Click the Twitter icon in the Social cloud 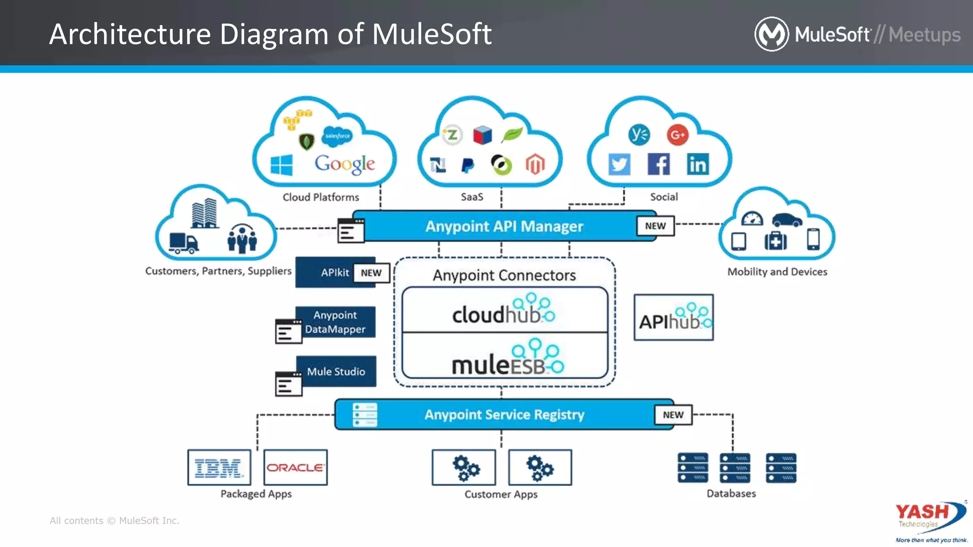619,164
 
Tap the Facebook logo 658,164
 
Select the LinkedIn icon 697,164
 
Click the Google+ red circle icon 677,135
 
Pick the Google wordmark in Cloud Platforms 344,164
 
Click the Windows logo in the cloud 281,165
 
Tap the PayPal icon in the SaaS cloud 467,165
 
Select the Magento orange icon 535,164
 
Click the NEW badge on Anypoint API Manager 655,226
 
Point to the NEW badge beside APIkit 371,273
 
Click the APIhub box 673,317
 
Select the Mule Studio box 336,371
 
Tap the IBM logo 219,468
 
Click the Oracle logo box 296,468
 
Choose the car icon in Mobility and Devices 787,220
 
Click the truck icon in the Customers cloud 183,243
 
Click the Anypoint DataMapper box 335,322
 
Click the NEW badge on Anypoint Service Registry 673,415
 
